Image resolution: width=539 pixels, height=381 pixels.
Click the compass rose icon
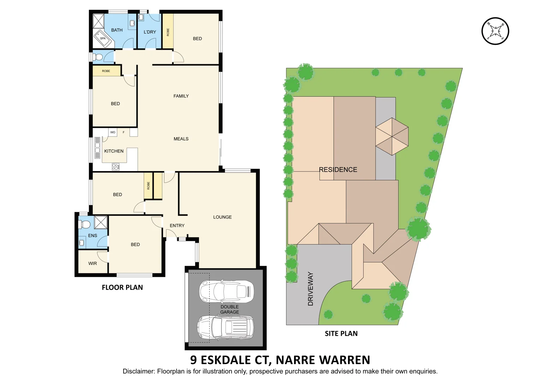click(495, 31)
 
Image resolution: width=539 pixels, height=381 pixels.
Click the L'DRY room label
click(150, 32)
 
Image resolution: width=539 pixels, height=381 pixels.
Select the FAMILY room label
click(181, 96)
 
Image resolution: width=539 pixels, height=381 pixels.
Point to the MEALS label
click(181, 139)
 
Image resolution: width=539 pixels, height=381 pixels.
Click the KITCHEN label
click(114, 151)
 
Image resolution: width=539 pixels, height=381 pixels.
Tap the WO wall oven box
click(113, 132)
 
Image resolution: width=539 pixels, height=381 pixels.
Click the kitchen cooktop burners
click(115, 167)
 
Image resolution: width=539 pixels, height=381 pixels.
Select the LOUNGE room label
click(222, 217)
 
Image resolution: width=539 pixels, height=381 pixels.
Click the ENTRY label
click(177, 225)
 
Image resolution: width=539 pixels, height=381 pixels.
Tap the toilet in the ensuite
click(85, 224)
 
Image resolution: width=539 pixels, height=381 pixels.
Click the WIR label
click(92, 263)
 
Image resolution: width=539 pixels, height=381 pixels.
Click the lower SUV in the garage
click(225, 327)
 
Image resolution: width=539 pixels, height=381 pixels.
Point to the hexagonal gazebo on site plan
click(392, 137)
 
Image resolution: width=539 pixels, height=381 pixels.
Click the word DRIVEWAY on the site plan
click(311, 289)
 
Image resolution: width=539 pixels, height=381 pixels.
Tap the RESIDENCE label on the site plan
click(338, 170)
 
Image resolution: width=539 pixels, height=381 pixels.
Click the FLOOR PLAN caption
click(122, 288)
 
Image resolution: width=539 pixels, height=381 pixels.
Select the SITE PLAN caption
click(341, 333)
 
